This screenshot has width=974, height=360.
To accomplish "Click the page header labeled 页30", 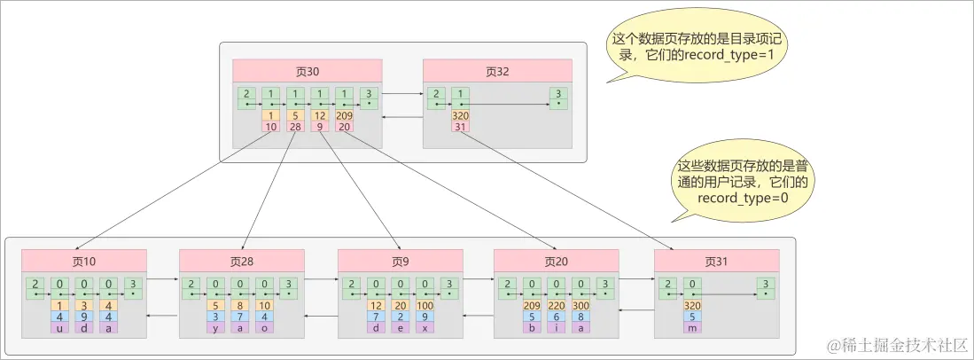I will coord(307,71).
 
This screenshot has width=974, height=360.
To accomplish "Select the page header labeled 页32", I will coord(497,71).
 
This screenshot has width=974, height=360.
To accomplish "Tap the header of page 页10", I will coord(84,261).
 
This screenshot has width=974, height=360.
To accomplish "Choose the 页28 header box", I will coord(242,261).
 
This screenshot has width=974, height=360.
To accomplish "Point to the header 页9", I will coord(401,261).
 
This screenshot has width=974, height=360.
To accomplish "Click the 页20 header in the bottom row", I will coord(557,261).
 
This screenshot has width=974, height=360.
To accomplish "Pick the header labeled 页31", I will coord(716,261).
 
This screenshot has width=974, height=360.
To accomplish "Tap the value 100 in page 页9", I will coord(425,306).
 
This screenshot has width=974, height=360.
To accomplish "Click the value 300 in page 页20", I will coord(581,306).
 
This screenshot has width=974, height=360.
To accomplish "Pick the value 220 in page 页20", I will coord(557,306).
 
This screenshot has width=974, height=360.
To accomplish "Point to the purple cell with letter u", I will coord(59,327).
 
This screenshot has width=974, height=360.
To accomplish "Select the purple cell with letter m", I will coord(691,327).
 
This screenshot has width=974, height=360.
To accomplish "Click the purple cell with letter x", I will coord(425,327).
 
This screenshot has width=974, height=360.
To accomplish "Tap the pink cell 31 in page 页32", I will coord(459,127).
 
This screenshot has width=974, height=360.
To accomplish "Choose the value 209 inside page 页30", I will coord(343,115).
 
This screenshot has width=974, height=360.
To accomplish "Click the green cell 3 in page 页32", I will coord(557,98).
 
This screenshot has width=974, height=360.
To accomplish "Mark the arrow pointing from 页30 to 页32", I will coord(402,93).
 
